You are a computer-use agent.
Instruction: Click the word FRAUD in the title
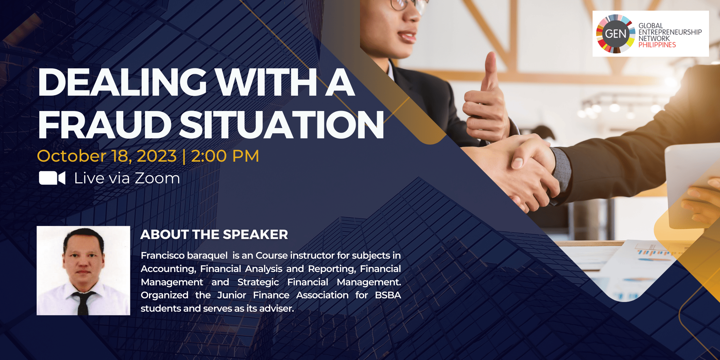pos(105,124)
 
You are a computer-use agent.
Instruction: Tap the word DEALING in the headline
pos(122,82)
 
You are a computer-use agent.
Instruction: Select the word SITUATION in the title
pos(282,124)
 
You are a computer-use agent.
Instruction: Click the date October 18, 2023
pos(107,156)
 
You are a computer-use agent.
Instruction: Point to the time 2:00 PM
pos(225,156)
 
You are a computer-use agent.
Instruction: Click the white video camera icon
pos(52,178)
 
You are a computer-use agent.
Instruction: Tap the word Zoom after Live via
pos(157,178)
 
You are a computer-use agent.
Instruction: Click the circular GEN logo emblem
pos(615,34)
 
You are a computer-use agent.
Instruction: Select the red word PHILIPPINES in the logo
pos(657,45)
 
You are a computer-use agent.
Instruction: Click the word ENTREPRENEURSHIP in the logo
pos(670,32)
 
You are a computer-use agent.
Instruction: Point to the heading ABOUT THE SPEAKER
pos(214,234)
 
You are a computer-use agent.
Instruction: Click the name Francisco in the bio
pos(163,255)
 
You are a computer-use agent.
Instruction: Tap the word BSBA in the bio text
pos(388,295)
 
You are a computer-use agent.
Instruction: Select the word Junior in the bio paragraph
pos(232,295)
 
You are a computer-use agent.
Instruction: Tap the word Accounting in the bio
pos(168,269)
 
